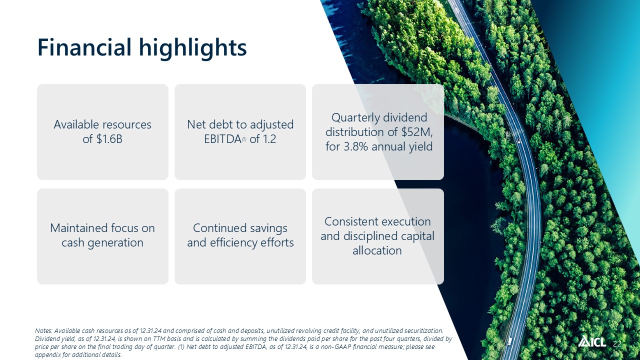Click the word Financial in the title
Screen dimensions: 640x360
coord(84,47)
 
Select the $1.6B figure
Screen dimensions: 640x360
coord(109,139)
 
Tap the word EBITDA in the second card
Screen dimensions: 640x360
coord(222,139)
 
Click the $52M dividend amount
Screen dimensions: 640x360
coord(417,132)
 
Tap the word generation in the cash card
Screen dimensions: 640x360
coord(115,243)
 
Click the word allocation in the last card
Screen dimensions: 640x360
coord(377,251)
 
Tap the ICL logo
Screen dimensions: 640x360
coord(591,341)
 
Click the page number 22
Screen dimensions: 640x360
coord(617,343)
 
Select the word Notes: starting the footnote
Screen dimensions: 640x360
coord(43,331)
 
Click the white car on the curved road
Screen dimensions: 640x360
coord(518,140)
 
